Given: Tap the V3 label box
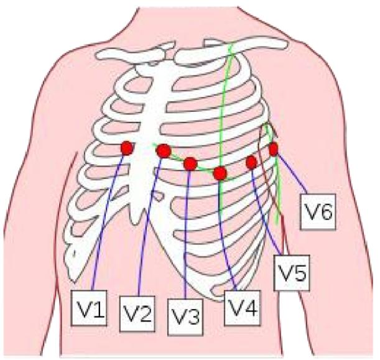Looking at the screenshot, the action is pos(184,315).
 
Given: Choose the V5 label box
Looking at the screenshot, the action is pos(292,272).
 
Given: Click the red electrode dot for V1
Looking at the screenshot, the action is pos(126,149).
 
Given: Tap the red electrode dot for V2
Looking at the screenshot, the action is pos(164,151).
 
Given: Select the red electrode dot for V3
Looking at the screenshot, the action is pos(190,164).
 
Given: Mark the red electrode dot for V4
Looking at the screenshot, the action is pos(220,173).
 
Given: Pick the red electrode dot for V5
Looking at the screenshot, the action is pos(252,162).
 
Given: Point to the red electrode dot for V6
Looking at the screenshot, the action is pos(274,149).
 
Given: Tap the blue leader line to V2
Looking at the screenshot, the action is pos(147,230).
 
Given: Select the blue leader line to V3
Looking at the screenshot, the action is pos(185,236).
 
